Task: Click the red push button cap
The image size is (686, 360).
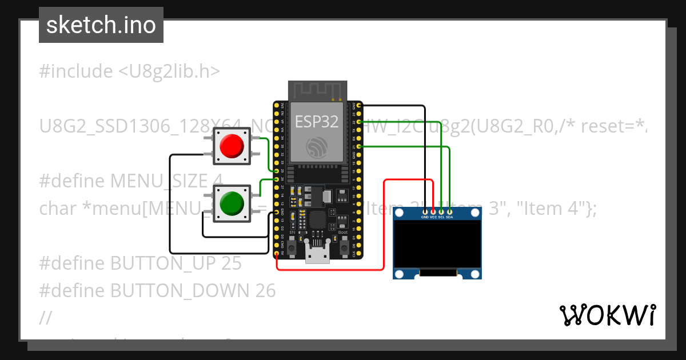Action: click(232, 146)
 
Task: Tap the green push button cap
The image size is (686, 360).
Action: click(232, 203)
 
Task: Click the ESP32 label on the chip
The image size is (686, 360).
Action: click(316, 121)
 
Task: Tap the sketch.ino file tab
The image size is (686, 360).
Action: click(101, 25)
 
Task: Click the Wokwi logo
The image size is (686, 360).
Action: click(607, 315)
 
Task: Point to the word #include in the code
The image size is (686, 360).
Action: click(76, 71)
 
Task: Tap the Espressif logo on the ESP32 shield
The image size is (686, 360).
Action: click(316, 148)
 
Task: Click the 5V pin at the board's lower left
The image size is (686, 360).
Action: click(277, 254)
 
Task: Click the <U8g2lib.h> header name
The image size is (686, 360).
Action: click(169, 71)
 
